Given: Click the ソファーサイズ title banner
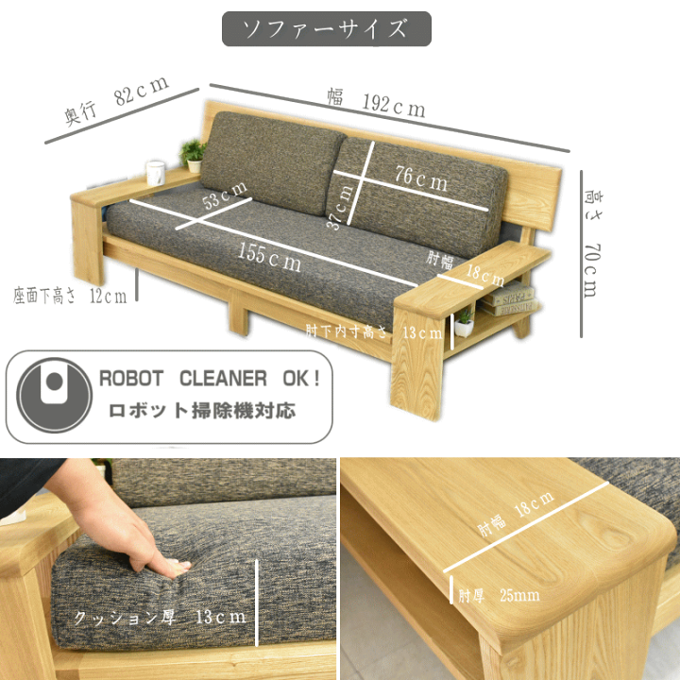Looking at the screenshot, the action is tap(327, 29).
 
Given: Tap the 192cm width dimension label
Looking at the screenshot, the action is tap(376, 103).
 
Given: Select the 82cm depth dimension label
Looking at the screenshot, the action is tap(117, 101).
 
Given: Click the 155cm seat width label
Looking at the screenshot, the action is tap(269, 257).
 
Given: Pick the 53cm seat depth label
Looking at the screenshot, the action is tap(225, 195).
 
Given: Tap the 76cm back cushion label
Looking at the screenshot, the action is tap(420, 178).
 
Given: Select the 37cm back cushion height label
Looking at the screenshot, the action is tap(340, 206).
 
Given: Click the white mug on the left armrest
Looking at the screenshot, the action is tap(155, 173).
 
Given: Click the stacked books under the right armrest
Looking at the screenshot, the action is tap(507, 299).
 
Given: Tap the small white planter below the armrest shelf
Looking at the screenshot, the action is tap(464, 324).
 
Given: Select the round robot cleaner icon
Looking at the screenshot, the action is tap(54, 395).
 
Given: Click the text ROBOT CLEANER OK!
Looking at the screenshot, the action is tap(210, 379).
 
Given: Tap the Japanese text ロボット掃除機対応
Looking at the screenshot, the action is tap(202, 411).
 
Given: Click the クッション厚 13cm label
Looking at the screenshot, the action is tap(160, 617).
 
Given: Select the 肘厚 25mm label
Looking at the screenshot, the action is tap(499, 595).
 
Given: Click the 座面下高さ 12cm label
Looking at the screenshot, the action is tap(70, 296).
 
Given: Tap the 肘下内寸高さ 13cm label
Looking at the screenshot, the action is tap(374, 331).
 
